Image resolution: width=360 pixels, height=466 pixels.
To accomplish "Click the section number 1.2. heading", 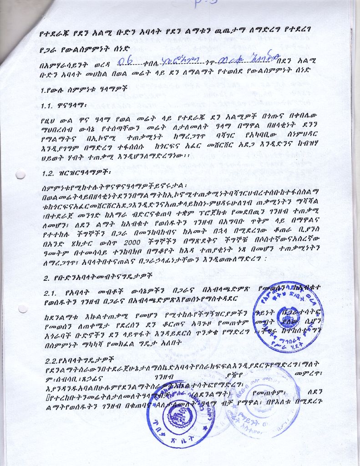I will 50,173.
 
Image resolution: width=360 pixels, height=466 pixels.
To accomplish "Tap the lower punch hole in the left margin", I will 22,308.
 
